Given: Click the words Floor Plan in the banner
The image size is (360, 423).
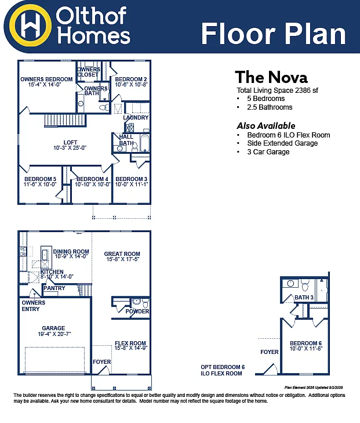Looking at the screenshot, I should [x=273, y=34].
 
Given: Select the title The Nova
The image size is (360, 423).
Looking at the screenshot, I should [x=271, y=77].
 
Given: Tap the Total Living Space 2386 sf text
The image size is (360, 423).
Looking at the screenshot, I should [x=277, y=91].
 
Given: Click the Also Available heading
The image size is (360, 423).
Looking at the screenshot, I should [x=266, y=126].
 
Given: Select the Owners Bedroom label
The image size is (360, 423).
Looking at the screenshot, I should [x=46, y=79].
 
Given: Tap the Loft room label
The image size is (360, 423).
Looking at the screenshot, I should [x=70, y=143].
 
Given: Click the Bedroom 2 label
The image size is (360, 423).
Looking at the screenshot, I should [x=130, y=79].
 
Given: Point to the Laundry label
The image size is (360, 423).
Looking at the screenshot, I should [x=136, y=118].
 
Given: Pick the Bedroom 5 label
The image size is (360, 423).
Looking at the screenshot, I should [x=40, y=179].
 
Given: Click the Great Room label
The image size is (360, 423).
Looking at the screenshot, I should [x=122, y=254].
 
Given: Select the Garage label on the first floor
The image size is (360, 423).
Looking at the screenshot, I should [x=53, y=328].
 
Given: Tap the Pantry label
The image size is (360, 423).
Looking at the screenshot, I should [x=54, y=288].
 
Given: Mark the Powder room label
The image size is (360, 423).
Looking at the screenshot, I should [x=137, y=312].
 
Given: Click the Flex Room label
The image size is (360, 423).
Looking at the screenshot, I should [x=130, y=344].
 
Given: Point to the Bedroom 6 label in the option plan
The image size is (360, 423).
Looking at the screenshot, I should [x=306, y=344].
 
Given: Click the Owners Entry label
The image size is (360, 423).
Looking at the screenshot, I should [x=34, y=306].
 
